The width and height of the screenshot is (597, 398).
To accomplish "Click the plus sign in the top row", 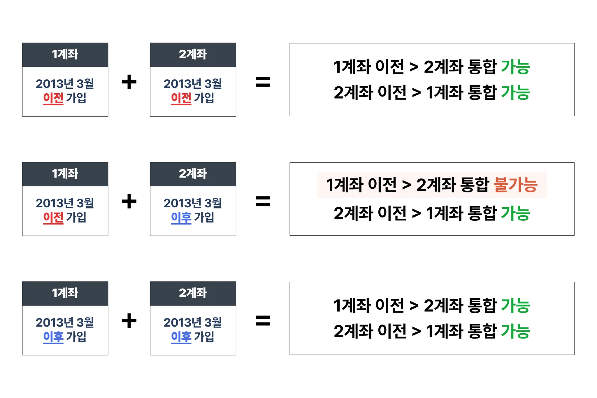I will click(x=129, y=82).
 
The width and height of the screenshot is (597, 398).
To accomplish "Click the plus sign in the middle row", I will click(x=129, y=201).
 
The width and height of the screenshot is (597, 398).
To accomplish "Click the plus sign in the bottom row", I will click(x=129, y=320).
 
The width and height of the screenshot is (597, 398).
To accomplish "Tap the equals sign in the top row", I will click(x=263, y=82).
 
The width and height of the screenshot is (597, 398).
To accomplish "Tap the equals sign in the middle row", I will click(x=263, y=201).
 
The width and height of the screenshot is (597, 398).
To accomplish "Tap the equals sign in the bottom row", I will click(x=263, y=320).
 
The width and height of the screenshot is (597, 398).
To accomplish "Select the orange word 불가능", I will click(x=516, y=185).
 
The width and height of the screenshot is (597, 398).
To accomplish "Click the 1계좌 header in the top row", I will click(x=65, y=55).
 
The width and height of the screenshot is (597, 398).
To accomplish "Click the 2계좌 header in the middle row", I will click(x=193, y=174).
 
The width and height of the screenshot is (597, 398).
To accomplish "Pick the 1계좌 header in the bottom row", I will click(x=65, y=293).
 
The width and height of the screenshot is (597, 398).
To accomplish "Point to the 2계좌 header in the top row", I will click(x=193, y=55).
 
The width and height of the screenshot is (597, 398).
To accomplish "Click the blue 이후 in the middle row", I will click(x=181, y=218).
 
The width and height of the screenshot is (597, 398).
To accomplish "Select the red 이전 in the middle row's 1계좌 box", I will click(x=53, y=218).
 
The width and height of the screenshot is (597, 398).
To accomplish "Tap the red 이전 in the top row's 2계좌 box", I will click(x=181, y=98).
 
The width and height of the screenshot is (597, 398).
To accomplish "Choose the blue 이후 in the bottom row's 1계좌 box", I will click(x=53, y=337).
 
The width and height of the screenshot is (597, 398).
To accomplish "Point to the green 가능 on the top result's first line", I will click(x=515, y=67).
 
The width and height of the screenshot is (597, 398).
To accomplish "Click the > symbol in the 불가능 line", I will click(x=406, y=185).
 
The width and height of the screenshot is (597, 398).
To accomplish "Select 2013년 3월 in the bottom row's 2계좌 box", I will click(x=193, y=322).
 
